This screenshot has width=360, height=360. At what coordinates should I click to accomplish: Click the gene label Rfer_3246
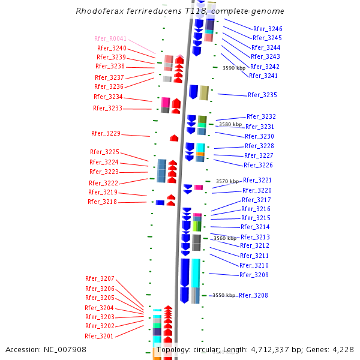pos(268,29)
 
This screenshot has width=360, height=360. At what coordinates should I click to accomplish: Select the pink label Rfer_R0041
pos(110,38)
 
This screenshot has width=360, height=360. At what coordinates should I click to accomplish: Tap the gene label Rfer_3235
pos(262,95)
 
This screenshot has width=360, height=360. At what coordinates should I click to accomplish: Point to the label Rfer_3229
pos(106,133)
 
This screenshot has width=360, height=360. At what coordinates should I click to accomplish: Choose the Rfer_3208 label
pos(253,295)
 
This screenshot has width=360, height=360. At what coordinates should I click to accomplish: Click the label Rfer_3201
pos(99,336)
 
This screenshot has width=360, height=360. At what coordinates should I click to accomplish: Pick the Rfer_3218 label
pos(102,202)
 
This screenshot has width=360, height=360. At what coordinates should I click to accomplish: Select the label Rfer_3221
pos(257,180)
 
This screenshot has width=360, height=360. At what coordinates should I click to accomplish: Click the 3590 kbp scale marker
pos(234,68)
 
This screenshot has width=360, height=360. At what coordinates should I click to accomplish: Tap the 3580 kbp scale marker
pos(230,124)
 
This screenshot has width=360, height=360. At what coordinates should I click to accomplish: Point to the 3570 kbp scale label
pos(227,181)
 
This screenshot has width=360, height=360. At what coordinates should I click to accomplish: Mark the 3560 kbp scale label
pos(225,238)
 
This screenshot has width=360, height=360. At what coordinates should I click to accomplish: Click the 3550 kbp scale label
pos(223,295)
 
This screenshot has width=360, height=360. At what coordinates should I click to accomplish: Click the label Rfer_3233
pos(107,108)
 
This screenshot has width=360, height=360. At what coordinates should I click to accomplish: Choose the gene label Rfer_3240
pos(112,48)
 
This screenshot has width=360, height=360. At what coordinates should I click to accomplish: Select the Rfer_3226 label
pos(258,165)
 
